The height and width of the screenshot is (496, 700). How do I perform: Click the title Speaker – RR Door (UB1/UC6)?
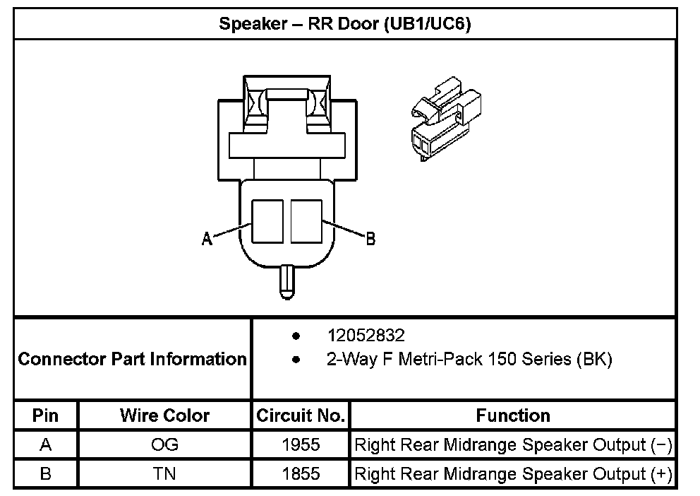[344, 24]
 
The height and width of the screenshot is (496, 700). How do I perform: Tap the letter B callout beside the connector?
[370, 239]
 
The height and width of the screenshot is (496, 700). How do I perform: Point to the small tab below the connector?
[286, 281]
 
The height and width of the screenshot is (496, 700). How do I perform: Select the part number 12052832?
[366, 335]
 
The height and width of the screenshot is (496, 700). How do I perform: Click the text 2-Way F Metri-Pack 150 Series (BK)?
[469, 359]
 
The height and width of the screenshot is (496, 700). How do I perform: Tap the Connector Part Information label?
[132, 359]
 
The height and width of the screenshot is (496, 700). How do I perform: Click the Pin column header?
[46, 415]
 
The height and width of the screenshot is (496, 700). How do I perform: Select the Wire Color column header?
[164, 415]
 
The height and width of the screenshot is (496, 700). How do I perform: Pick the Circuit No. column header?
[301, 415]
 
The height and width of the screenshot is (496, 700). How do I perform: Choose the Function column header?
[513, 415]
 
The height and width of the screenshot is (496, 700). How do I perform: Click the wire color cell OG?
[164, 445]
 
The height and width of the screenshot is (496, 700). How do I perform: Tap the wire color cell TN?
[164, 473]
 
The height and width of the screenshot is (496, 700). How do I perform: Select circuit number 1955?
[301, 445]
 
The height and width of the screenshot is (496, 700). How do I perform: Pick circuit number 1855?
[301, 473]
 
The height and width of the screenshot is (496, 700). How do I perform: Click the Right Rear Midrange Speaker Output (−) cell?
[513, 445]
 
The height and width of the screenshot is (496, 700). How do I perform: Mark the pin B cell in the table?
[46, 473]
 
